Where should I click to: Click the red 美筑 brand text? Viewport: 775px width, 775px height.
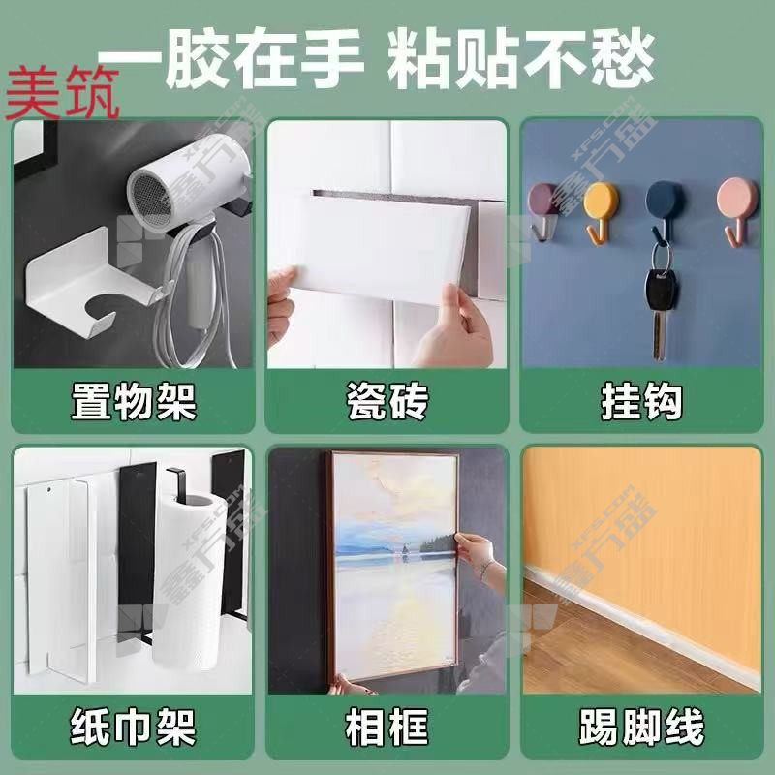(x=62, y=93)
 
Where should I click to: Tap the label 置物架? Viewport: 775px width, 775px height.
(x=134, y=402)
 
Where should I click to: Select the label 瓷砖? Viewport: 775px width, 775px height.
(x=387, y=401)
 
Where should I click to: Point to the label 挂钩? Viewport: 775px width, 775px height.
(x=641, y=401)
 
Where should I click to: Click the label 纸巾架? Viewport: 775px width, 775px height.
(x=134, y=727)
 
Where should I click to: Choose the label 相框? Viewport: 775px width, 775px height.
(x=387, y=727)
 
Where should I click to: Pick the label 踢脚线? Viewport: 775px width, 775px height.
(x=641, y=727)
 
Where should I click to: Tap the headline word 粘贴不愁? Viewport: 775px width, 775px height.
(x=520, y=58)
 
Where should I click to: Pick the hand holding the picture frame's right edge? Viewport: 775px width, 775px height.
(x=480, y=559)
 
